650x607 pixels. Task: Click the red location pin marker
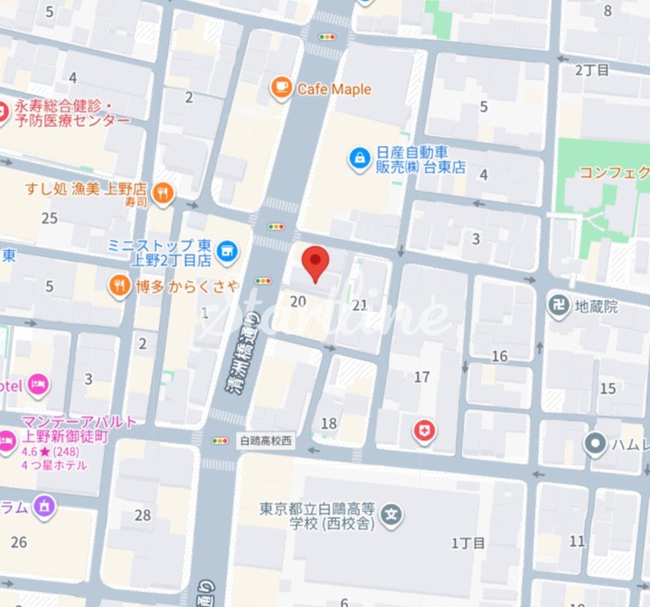pyautogui.click(x=314, y=263)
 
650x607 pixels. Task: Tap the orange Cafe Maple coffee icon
pyautogui.click(x=281, y=88)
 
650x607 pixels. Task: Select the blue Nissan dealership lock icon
pyautogui.click(x=359, y=158)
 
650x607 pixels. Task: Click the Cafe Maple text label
pyautogui.click(x=334, y=89)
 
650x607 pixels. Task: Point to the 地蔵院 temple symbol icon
pyautogui.click(x=559, y=306)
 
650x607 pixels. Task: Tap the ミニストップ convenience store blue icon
pyautogui.click(x=226, y=249)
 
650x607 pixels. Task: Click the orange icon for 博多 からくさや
pyautogui.click(x=120, y=288)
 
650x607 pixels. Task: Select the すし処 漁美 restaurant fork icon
pyautogui.click(x=163, y=193)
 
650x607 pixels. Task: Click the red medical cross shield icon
pyautogui.click(x=424, y=431)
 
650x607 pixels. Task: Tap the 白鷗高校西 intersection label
pyautogui.click(x=266, y=441)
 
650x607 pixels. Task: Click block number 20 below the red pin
pyautogui.click(x=297, y=302)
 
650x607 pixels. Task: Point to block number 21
pyautogui.click(x=359, y=305)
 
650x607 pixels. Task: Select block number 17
pyautogui.click(x=422, y=377)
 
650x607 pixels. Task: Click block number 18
pyautogui.click(x=328, y=423)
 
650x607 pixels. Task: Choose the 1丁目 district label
pyautogui.click(x=467, y=543)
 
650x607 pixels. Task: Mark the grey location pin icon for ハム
pyautogui.click(x=595, y=444)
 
